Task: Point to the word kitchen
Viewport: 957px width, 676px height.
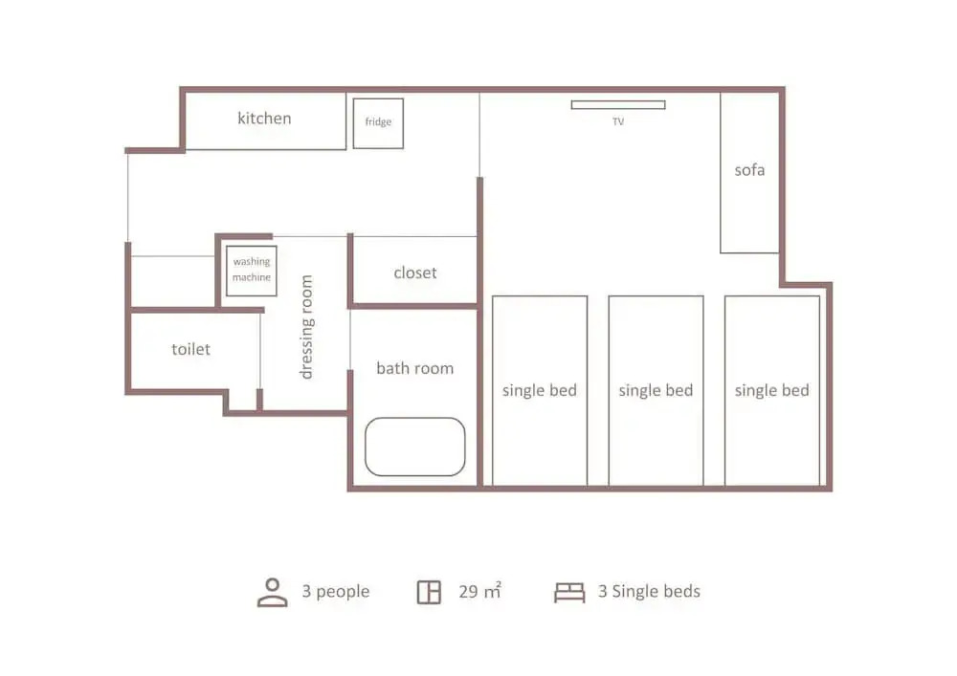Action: (264, 119)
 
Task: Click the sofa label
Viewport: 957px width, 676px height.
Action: (749, 170)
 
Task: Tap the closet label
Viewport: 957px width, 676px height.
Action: (415, 273)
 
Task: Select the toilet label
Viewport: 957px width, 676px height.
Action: (190, 349)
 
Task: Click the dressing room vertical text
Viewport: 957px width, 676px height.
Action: (306, 327)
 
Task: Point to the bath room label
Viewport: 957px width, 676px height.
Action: (415, 368)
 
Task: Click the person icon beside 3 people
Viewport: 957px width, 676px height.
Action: (272, 593)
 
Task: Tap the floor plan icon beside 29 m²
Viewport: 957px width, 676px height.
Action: (429, 592)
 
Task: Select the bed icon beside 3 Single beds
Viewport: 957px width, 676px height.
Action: (569, 592)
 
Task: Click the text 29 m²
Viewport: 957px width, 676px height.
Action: (480, 591)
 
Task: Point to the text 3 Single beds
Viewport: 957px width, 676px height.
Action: (649, 591)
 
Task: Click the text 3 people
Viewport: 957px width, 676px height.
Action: (336, 591)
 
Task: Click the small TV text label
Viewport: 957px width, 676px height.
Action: (618, 122)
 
